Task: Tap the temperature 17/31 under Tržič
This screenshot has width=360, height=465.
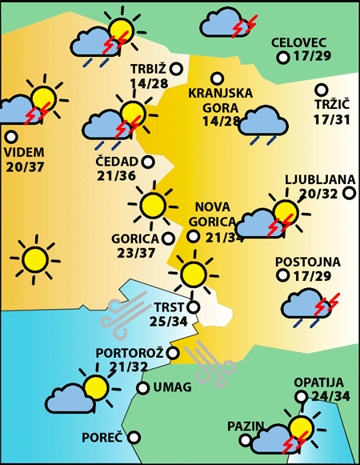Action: [332, 119]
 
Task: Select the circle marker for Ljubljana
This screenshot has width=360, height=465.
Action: [349, 192]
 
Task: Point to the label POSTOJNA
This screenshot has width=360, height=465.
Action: [307, 262]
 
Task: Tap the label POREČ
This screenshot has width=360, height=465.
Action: [102, 438]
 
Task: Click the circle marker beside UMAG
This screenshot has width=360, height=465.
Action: [142, 388]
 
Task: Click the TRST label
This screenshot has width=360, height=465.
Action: [168, 306]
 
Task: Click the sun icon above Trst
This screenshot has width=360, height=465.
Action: [192, 273]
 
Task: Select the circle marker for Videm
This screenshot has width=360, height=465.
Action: [11, 136]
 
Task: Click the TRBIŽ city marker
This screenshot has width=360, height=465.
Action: [174, 69]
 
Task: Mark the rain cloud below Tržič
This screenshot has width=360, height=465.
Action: [264, 124]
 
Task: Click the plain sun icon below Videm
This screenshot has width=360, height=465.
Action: [34, 258]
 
